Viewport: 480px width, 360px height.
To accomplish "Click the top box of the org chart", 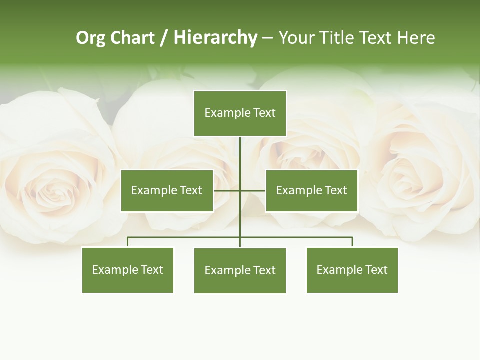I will point(240,113).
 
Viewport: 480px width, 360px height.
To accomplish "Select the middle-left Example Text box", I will point(167,190).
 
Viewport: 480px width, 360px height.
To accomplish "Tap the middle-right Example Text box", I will point(311,190).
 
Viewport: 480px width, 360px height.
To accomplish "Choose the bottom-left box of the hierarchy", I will point(127,270).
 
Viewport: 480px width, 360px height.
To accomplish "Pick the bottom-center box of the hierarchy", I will point(240,270).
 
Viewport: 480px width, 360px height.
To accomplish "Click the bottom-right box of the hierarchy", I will point(352,270).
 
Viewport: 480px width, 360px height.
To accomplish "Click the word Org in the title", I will point(90,38).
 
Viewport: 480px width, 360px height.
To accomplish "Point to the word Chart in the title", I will point(132,38).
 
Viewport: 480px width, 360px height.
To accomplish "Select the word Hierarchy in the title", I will point(215,38).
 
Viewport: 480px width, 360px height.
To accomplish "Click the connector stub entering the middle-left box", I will point(226,190).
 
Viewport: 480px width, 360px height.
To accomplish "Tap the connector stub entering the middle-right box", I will point(253,190).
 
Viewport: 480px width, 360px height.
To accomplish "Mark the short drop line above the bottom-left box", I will point(127,242).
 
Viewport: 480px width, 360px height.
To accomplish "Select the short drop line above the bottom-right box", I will point(352,242).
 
